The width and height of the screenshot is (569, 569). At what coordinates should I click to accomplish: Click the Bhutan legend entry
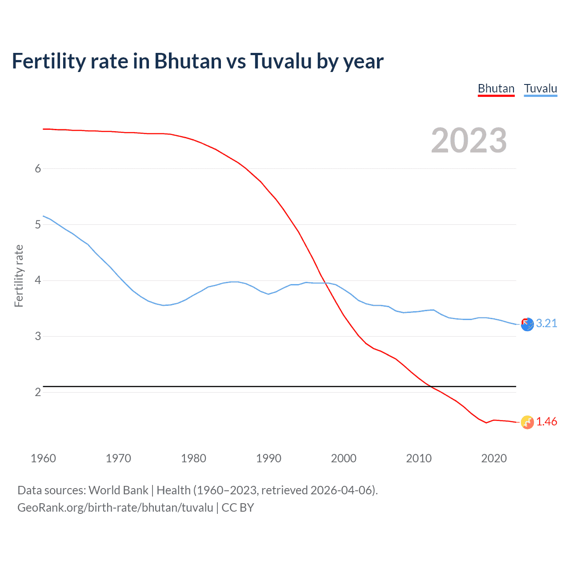496,88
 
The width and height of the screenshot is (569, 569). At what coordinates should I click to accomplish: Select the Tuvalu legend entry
540,88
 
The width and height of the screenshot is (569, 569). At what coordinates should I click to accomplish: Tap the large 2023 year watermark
469,140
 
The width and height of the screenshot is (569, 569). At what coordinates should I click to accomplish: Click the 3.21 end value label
546,323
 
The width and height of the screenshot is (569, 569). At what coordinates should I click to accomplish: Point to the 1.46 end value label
546,421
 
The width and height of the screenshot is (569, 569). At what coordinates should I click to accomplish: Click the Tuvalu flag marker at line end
527,325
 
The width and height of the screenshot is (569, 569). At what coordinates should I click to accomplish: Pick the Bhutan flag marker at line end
527,422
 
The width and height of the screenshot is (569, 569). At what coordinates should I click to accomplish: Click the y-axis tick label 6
38,168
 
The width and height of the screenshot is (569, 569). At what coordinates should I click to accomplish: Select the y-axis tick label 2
38,392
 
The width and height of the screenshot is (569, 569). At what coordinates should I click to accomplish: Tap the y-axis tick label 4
38,280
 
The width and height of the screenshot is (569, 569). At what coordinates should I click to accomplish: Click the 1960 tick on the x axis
43,458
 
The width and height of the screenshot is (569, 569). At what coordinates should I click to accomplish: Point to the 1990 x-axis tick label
268,458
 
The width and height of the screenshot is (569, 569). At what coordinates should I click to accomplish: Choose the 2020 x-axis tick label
494,458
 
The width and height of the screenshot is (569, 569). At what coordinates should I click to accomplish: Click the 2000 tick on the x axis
344,458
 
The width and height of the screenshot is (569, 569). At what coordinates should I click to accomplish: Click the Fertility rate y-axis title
19,276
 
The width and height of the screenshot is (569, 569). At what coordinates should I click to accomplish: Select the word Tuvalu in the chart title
281,61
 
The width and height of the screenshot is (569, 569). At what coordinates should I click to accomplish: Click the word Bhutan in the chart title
188,61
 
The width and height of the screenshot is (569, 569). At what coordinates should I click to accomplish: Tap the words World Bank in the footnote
118,490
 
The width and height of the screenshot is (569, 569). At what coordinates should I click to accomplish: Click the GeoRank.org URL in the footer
115,508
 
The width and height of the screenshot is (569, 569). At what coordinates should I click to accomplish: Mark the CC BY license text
238,508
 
